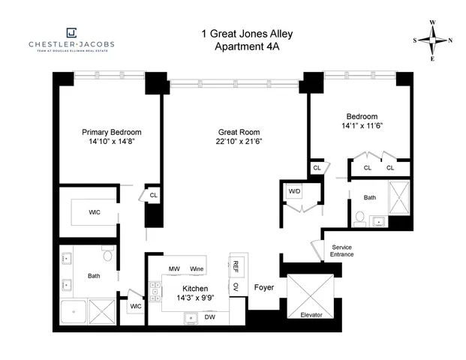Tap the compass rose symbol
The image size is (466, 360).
[433, 40]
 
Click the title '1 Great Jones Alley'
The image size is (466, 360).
[236, 32]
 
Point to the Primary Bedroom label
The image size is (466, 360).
[111, 132]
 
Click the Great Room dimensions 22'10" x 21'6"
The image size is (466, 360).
[236, 141]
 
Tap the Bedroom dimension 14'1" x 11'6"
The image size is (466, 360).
[360, 126]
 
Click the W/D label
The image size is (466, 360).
[294, 192]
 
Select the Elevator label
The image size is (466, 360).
[311, 314]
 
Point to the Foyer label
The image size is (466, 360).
[264, 287]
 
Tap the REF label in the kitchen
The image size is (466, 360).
[235, 266]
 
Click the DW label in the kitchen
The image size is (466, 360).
[211, 317]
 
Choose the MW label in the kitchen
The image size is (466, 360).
[173, 268]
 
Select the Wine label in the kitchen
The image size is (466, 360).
[197, 268]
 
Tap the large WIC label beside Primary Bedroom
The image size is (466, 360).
[94, 212]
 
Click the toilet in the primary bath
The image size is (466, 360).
[107, 256]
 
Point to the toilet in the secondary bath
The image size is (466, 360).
[360, 219]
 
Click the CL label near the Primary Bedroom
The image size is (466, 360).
[154, 195]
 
